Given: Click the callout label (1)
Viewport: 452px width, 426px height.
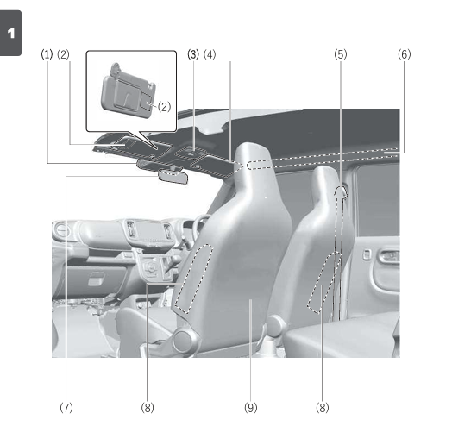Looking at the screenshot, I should pyautogui.click(x=47, y=53).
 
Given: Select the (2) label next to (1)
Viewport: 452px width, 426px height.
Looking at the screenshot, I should pyautogui.click(x=63, y=53).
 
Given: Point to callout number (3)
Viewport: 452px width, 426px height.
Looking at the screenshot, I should pyautogui.click(x=193, y=53).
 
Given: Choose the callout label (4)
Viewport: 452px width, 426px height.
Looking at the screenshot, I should pyautogui.click(x=210, y=53).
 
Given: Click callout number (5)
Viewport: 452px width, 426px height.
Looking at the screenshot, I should pyautogui.click(x=341, y=53).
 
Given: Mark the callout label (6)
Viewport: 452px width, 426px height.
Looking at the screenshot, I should pyautogui.click(x=405, y=53).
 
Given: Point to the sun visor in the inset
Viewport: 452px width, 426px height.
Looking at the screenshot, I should pyautogui.click(x=125, y=90).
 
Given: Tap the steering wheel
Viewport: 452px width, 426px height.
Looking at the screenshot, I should pyautogui.click(x=199, y=229).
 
